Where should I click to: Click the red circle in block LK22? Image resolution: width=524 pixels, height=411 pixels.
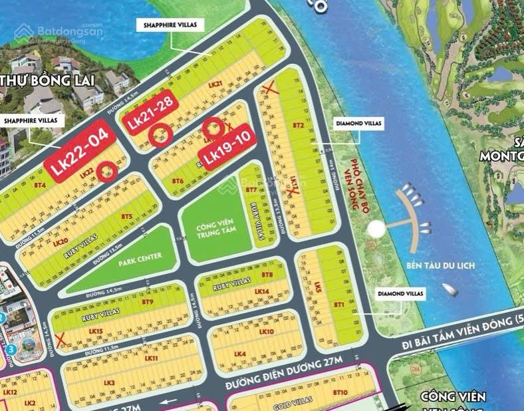(x=106, y=172)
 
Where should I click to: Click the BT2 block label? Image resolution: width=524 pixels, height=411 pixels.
(x=299, y=125)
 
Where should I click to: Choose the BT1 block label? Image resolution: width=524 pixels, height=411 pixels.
(x=338, y=304)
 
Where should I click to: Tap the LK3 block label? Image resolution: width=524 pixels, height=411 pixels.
(x=110, y=382)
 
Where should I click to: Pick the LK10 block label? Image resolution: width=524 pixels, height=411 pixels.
(x=266, y=331)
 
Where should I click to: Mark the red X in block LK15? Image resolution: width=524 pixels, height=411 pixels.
(x=61, y=340)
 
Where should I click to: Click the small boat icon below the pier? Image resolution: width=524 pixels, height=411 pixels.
(x=451, y=290)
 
